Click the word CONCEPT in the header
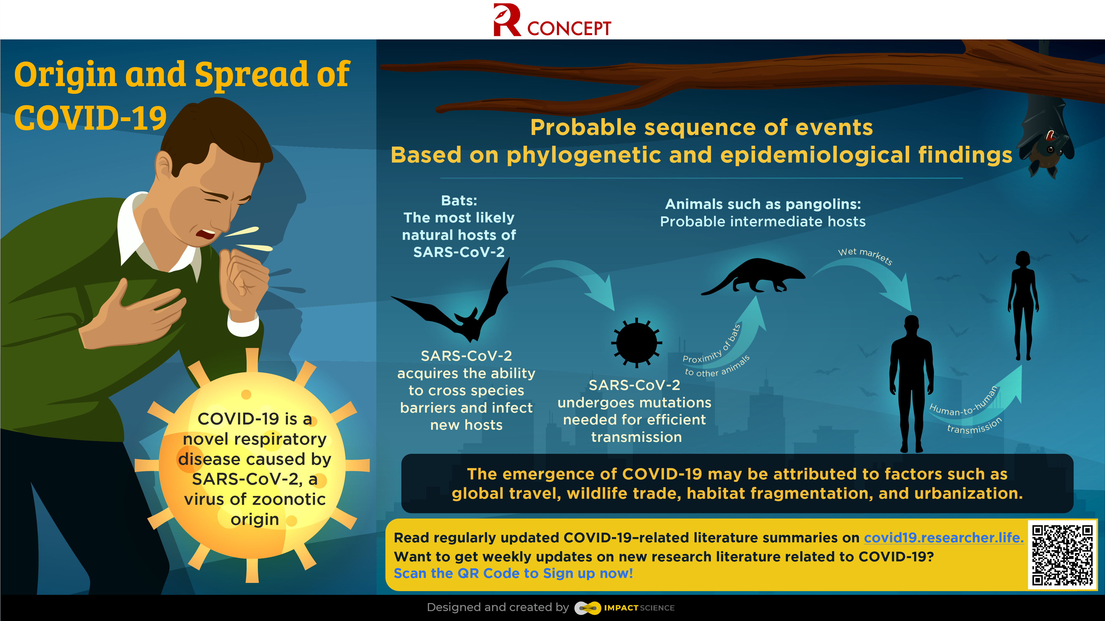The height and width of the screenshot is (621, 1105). [x=569, y=28]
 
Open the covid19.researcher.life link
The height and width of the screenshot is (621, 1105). [x=943, y=537]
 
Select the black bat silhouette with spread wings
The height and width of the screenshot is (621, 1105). [x=455, y=306]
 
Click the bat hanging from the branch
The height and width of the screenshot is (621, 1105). [x=1047, y=137]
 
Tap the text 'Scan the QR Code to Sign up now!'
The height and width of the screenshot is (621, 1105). [x=513, y=574]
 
